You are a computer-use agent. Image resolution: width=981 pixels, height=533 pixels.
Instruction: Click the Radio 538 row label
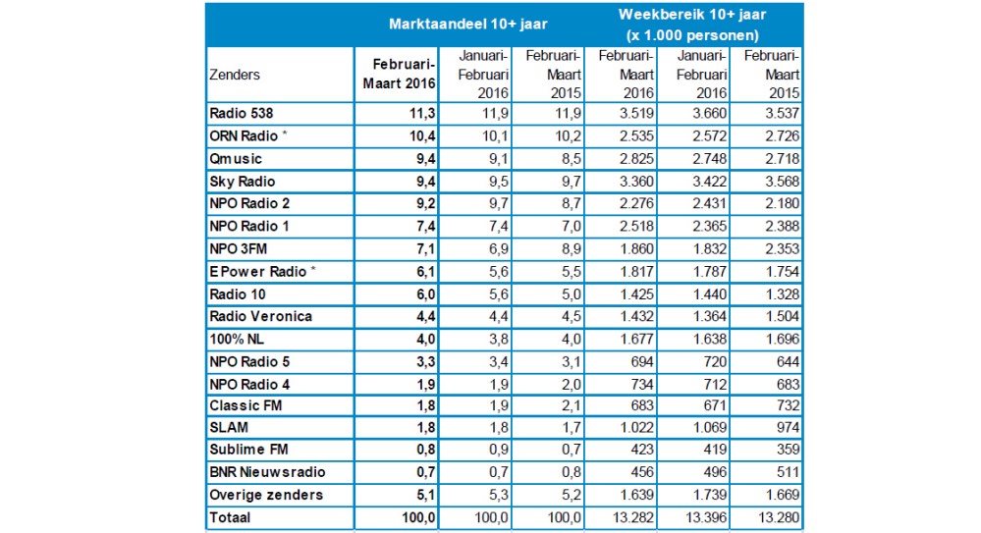[241, 113]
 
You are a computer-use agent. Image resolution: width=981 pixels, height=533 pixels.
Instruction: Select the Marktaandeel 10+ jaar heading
[468, 25]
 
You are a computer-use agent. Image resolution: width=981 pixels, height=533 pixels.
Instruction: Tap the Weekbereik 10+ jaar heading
[692, 15]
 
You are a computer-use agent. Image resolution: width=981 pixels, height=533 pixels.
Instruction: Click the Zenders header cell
[235, 75]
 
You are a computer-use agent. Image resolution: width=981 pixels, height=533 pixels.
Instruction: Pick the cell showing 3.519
[636, 113]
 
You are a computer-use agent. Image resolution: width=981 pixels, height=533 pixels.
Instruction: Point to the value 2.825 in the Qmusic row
[636, 159]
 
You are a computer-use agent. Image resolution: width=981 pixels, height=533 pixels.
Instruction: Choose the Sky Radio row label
[243, 182]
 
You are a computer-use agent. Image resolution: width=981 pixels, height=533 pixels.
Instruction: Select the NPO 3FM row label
[238, 249]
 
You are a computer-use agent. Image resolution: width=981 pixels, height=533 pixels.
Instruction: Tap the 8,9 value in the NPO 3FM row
[572, 249]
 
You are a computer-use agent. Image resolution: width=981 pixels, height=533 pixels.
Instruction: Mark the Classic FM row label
[245, 405]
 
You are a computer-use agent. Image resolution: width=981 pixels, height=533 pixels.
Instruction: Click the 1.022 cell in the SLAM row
[636, 428]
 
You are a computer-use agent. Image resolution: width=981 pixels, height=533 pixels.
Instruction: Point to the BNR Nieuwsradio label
[267, 472]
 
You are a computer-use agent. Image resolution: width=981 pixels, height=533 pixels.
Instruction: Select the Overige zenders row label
[266, 495]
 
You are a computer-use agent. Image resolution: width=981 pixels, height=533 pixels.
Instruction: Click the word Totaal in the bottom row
[230, 517]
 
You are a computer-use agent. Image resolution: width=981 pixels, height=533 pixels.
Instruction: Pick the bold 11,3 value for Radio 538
[422, 113]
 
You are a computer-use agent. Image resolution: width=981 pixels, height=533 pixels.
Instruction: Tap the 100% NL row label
[237, 339]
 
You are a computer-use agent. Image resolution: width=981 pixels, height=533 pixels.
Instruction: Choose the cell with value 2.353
[782, 249]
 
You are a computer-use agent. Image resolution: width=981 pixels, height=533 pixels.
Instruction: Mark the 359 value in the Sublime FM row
[788, 450]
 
